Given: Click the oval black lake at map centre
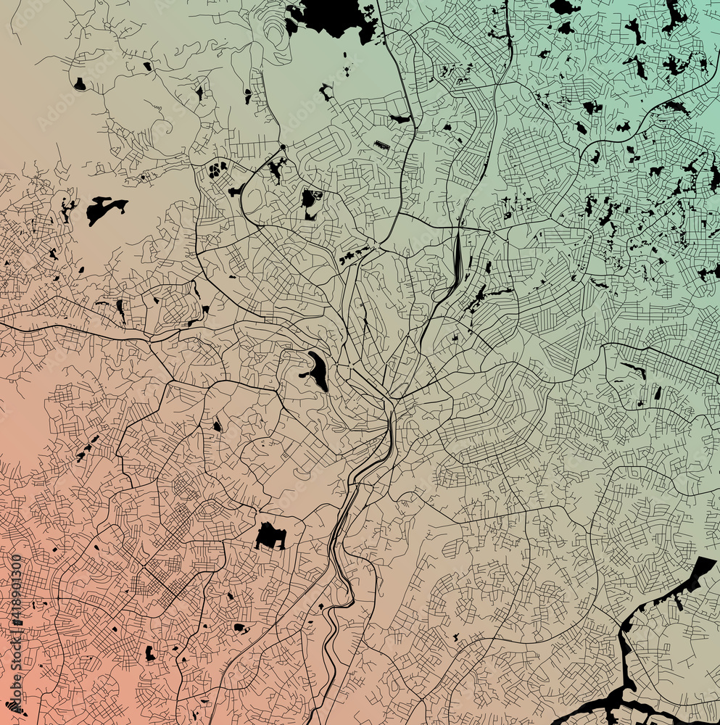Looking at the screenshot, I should (x=317, y=370).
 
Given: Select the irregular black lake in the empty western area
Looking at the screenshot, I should (x=103, y=208).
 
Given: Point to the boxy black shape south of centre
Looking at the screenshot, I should (x=270, y=536).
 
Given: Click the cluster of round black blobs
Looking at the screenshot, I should (x=217, y=170).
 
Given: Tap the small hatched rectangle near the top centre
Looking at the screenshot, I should (x=381, y=145).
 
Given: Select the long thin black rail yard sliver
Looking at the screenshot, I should (x=457, y=257).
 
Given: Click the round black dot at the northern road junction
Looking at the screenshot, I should (x=283, y=147).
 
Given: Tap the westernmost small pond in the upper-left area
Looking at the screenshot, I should (x=79, y=84).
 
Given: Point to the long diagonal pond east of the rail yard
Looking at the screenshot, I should (x=479, y=297).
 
